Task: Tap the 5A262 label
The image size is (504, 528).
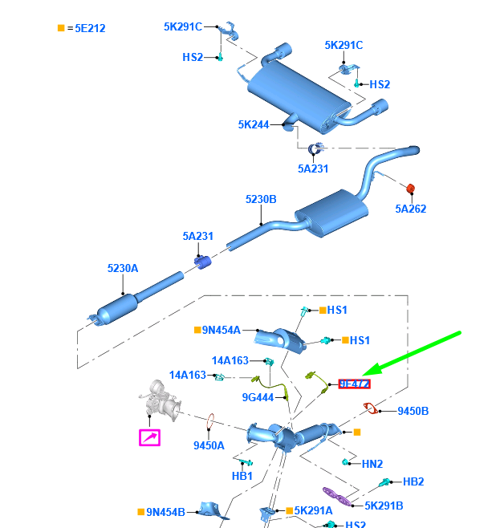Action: pos(410,209)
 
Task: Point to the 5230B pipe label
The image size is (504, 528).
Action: pos(261,199)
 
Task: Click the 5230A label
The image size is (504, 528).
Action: pos(123,268)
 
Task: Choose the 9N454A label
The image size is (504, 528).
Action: pos(222,329)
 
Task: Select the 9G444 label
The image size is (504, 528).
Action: pos(258,397)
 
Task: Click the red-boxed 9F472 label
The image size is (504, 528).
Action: pos(354,384)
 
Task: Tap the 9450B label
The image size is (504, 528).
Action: pos(413,412)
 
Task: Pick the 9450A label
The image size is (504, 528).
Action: pos(209,445)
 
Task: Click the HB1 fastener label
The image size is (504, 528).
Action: pos(242,476)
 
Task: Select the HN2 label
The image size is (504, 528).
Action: pos(373,463)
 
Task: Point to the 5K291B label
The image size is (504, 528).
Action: pos(384,506)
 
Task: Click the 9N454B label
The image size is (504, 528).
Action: pos(165,511)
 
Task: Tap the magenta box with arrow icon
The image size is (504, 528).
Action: pos(149,437)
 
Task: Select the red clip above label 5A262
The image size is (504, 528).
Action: pos(410,189)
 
